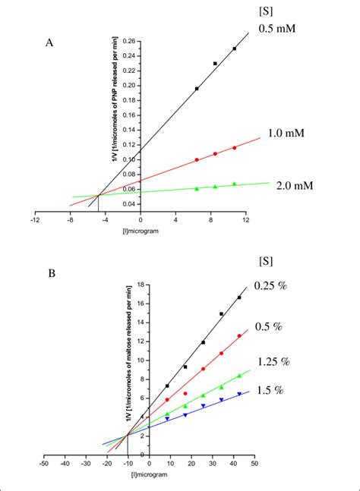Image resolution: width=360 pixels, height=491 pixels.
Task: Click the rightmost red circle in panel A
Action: click(x=234, y=147)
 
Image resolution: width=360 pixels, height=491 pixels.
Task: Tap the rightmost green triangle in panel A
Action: click(x=234, y=184)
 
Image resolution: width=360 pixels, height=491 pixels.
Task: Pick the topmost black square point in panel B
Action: click(x=239, y=297)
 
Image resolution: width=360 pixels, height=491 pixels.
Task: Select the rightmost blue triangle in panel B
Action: click(x=239, y=394)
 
